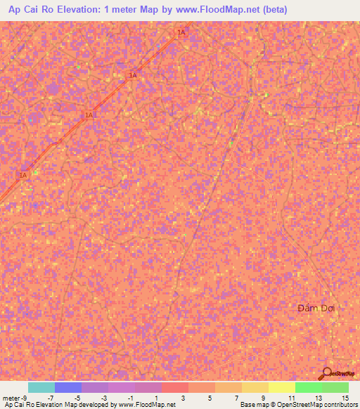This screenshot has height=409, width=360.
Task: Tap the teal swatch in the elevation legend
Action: click(x=41, y=387)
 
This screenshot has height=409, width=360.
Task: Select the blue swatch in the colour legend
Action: click(x=68, y=387)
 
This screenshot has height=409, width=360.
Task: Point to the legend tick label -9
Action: click(x=25, y=398)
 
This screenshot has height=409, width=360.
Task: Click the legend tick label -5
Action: click(x=77, y=398)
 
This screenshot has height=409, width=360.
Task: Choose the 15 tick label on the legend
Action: click(x=345, y=398)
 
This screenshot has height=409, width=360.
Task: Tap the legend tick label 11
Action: click(x=291, y=398)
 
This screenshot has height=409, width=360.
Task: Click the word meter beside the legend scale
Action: click(x=11, y=398)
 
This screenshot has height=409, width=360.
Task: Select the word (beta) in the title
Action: click(x=271, y=10)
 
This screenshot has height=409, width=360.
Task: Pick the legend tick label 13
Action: click(x=318, y=398)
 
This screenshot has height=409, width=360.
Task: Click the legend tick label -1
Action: click(x=130, y=398)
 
